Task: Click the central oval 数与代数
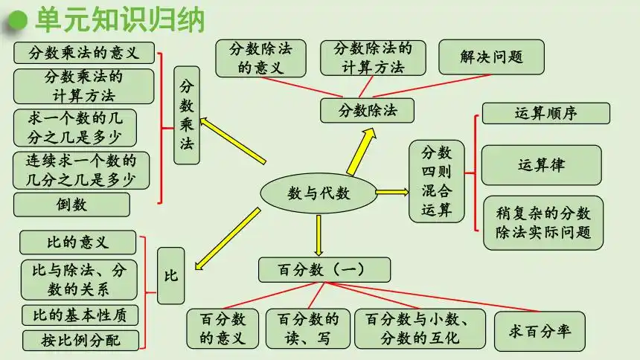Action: (x=318, y=193)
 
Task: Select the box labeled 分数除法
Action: (x=367, y=111)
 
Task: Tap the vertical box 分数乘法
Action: (x=187, y=115)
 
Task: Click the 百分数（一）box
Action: (x=313, y=269)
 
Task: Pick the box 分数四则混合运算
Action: (x=436, y=181)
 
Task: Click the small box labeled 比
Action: (x=170, y=275)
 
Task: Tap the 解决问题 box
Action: (x=491, y=57)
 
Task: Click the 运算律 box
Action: (x=541, y=164)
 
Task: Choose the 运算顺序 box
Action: (x=545, y=113)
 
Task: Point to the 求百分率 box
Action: (x=540, y=331)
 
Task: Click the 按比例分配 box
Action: (x=80, y=341)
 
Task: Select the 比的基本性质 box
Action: (x=80, y=315)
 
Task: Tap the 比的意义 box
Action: (x=77, y=242)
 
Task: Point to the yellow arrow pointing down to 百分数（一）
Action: (x=318, y=234)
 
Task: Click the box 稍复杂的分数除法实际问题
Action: (x=543, y=222)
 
